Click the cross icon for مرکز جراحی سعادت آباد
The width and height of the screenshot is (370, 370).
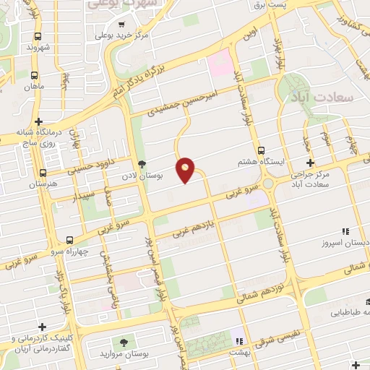click(311, 163)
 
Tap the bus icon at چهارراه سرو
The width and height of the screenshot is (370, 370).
click(69, 239)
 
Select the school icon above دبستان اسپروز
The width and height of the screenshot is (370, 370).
click(345, 231)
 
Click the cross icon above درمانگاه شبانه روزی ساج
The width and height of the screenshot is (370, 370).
click(40, 121)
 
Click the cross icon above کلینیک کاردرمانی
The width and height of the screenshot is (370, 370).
click(43, 326)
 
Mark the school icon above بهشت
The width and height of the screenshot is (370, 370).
click(240, 340)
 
